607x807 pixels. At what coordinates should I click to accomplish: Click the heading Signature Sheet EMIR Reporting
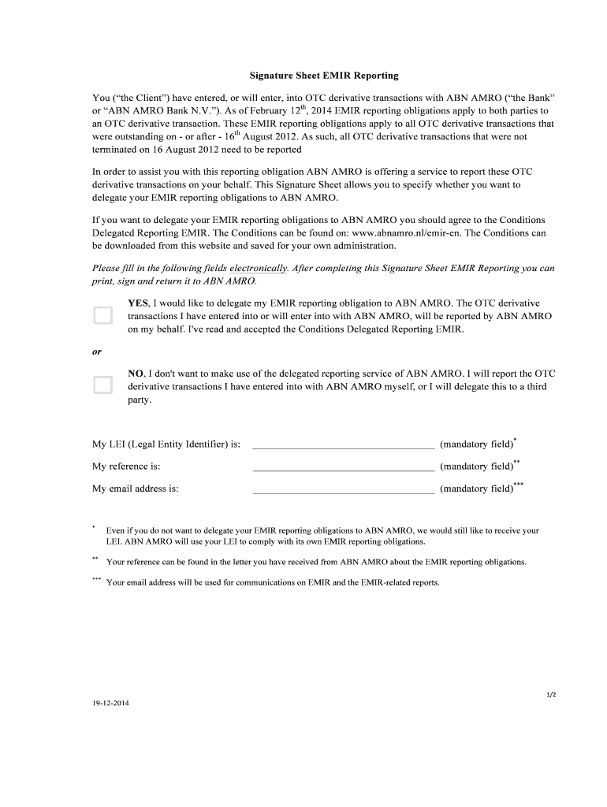(x=324, y=76)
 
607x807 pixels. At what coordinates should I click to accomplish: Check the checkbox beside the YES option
(x=102, y=315)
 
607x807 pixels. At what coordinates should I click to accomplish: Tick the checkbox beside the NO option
(x=102, y=385)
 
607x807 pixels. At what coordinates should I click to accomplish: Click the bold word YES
(x=138, y=303)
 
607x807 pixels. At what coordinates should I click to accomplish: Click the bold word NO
(x=136, y=373)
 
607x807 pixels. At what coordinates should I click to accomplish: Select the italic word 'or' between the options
(x=97, y=351)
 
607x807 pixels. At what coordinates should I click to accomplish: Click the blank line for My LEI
(x=343, y=445)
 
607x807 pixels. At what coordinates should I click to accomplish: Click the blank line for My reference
(x=343, y=467)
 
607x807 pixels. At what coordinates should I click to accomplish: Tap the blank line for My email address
(x=343, y=489)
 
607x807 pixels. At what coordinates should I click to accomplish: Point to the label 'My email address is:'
(x=135, y=489)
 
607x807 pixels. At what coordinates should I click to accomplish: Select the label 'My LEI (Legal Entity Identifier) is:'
(x=166, y=444)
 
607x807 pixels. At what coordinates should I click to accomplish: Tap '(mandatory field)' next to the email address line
(x=476, y=489)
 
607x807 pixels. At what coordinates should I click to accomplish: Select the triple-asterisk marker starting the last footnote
(x=96, y=579)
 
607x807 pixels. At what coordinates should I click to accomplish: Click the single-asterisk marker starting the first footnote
(x=94, y=526)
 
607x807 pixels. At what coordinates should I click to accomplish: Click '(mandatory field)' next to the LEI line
(x=476, y=444)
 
